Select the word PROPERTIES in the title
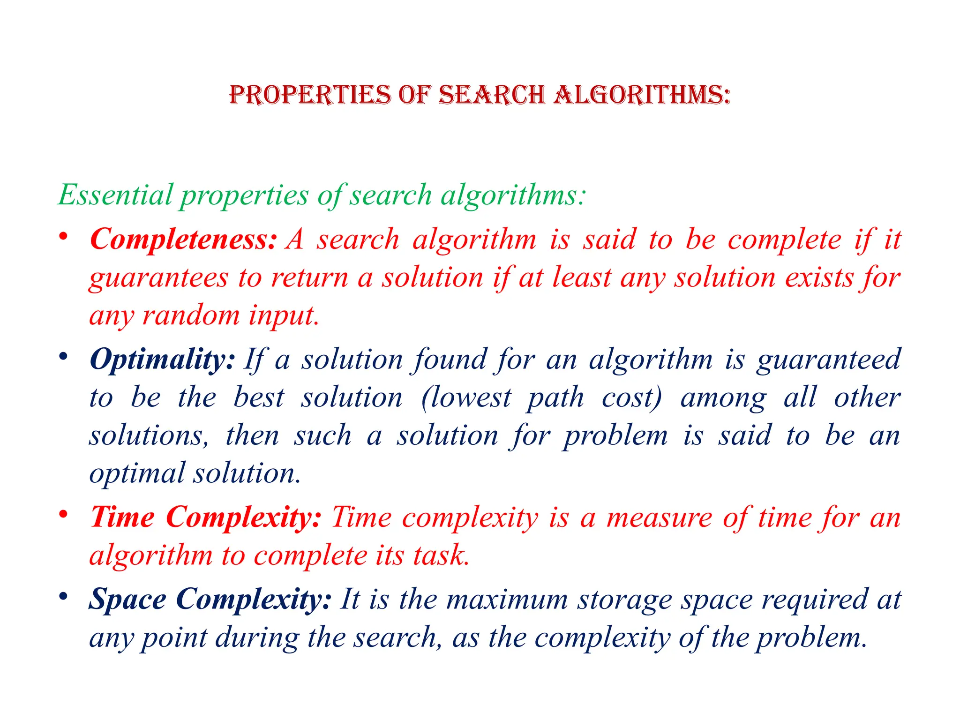pos(310,95)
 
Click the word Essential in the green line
pos(115,195)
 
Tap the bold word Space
pos(127,600)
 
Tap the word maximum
pos(507,600)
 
